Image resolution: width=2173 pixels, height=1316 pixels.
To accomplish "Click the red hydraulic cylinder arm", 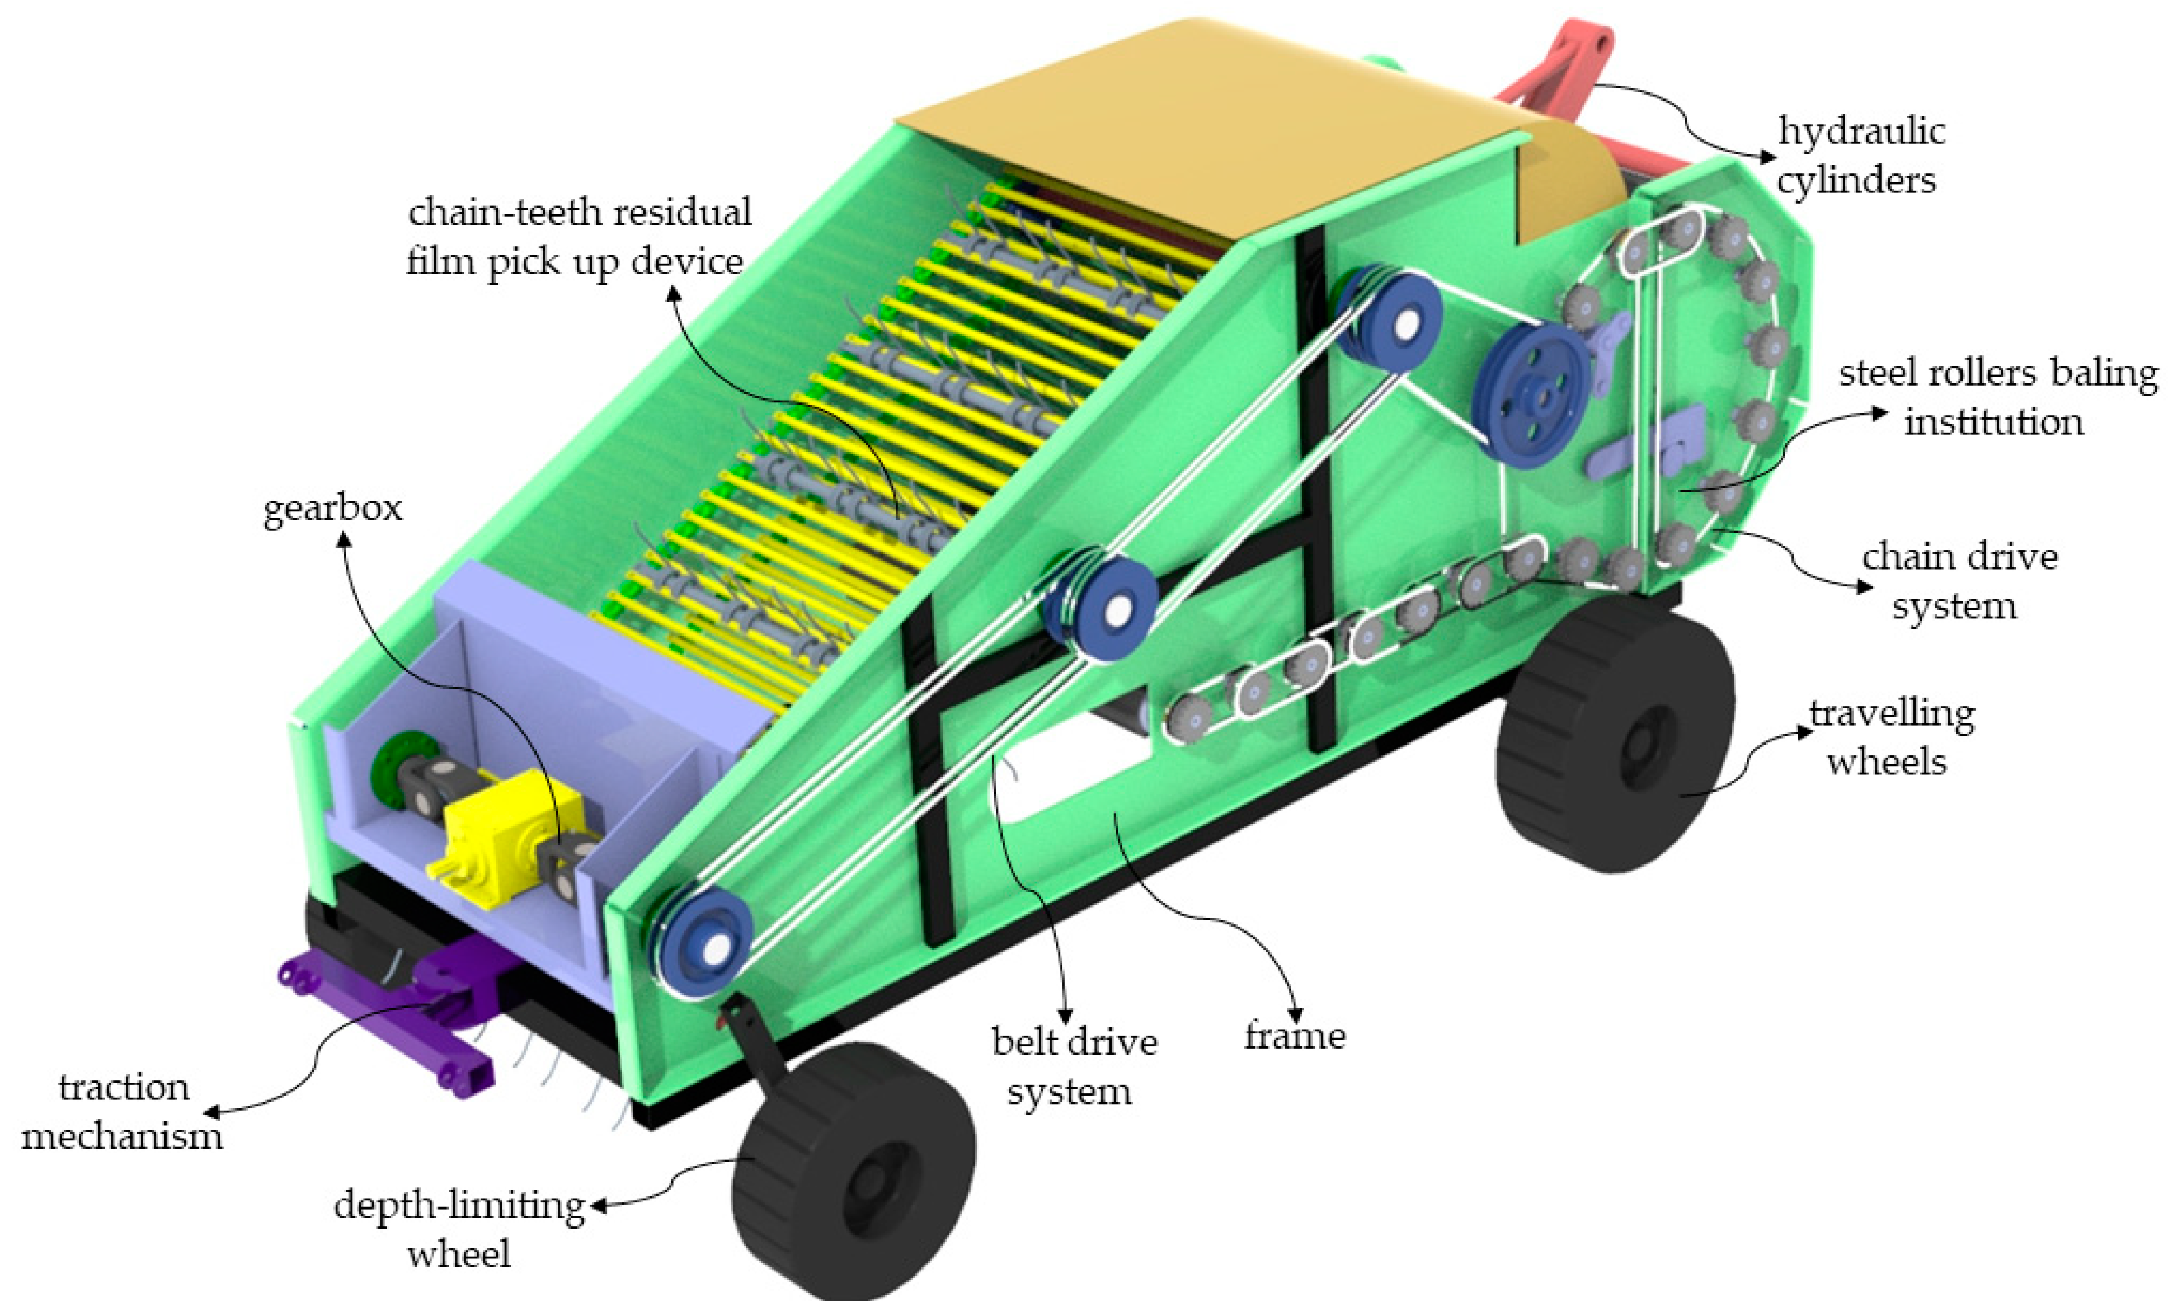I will coord(1561,70).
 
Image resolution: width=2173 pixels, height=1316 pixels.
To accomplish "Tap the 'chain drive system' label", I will coord(1958,581).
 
